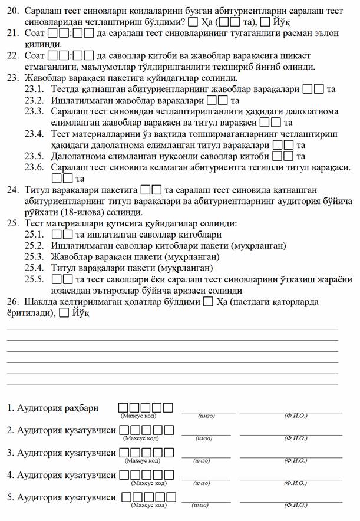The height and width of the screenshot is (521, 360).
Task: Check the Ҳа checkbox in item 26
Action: pos(208,302)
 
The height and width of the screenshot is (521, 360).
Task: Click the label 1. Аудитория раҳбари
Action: pos(53,408)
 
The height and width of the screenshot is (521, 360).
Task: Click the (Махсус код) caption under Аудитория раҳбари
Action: pos(139,416)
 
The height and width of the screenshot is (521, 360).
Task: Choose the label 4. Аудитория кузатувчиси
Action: pos(61,475)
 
